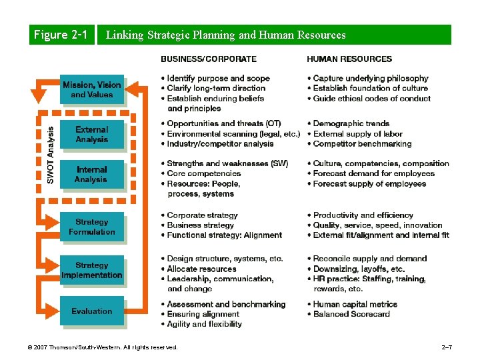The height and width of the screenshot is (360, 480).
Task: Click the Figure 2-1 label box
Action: coord(61,35)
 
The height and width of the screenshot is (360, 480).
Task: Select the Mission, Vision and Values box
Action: coord(92,90)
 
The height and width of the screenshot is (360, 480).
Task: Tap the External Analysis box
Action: coord(92,134)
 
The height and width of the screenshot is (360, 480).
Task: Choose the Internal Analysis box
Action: coord(92,175)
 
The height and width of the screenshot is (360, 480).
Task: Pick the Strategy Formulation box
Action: coord(92,227)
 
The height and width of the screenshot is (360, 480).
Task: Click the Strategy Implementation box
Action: coord(92,270)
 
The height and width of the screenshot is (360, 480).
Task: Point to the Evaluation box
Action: coord(92,311)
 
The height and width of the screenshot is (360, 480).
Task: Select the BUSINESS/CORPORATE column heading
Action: coord(208,59)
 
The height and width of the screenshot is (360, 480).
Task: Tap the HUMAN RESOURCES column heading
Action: coord(349,59)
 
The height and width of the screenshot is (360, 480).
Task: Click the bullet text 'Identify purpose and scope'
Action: coord(213,78)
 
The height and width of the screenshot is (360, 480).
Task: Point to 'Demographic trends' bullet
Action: coord(351,123)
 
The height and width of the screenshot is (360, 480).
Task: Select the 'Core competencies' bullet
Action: coord(203,173)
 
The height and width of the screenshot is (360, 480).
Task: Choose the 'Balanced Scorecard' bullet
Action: coord(351,314)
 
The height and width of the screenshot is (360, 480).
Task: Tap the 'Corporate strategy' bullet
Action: coord(202,215)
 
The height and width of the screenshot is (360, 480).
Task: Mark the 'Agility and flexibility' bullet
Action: coord(204,324)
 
